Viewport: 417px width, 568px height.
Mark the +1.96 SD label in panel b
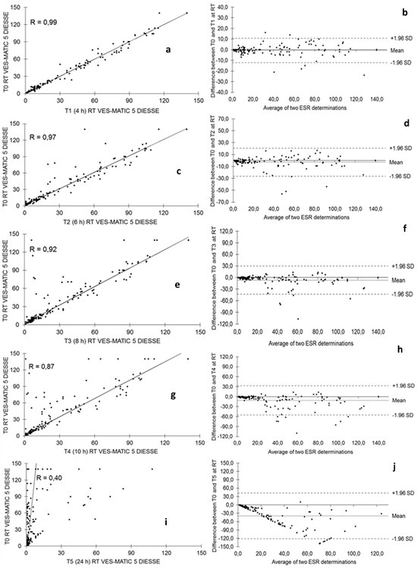(394, 37)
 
